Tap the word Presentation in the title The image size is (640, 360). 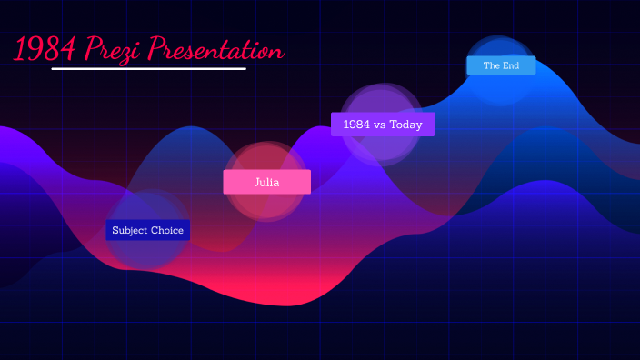215,49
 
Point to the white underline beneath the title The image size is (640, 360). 149,68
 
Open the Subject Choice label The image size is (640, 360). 148,230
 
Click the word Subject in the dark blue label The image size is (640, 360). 130,230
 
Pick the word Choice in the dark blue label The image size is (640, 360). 167,230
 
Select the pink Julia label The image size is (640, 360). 266,182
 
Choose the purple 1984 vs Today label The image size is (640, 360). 383,125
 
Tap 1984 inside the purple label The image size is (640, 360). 356,125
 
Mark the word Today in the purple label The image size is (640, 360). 406,125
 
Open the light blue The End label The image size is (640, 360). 501,65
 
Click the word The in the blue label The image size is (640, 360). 492,65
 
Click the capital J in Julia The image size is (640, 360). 256,182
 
